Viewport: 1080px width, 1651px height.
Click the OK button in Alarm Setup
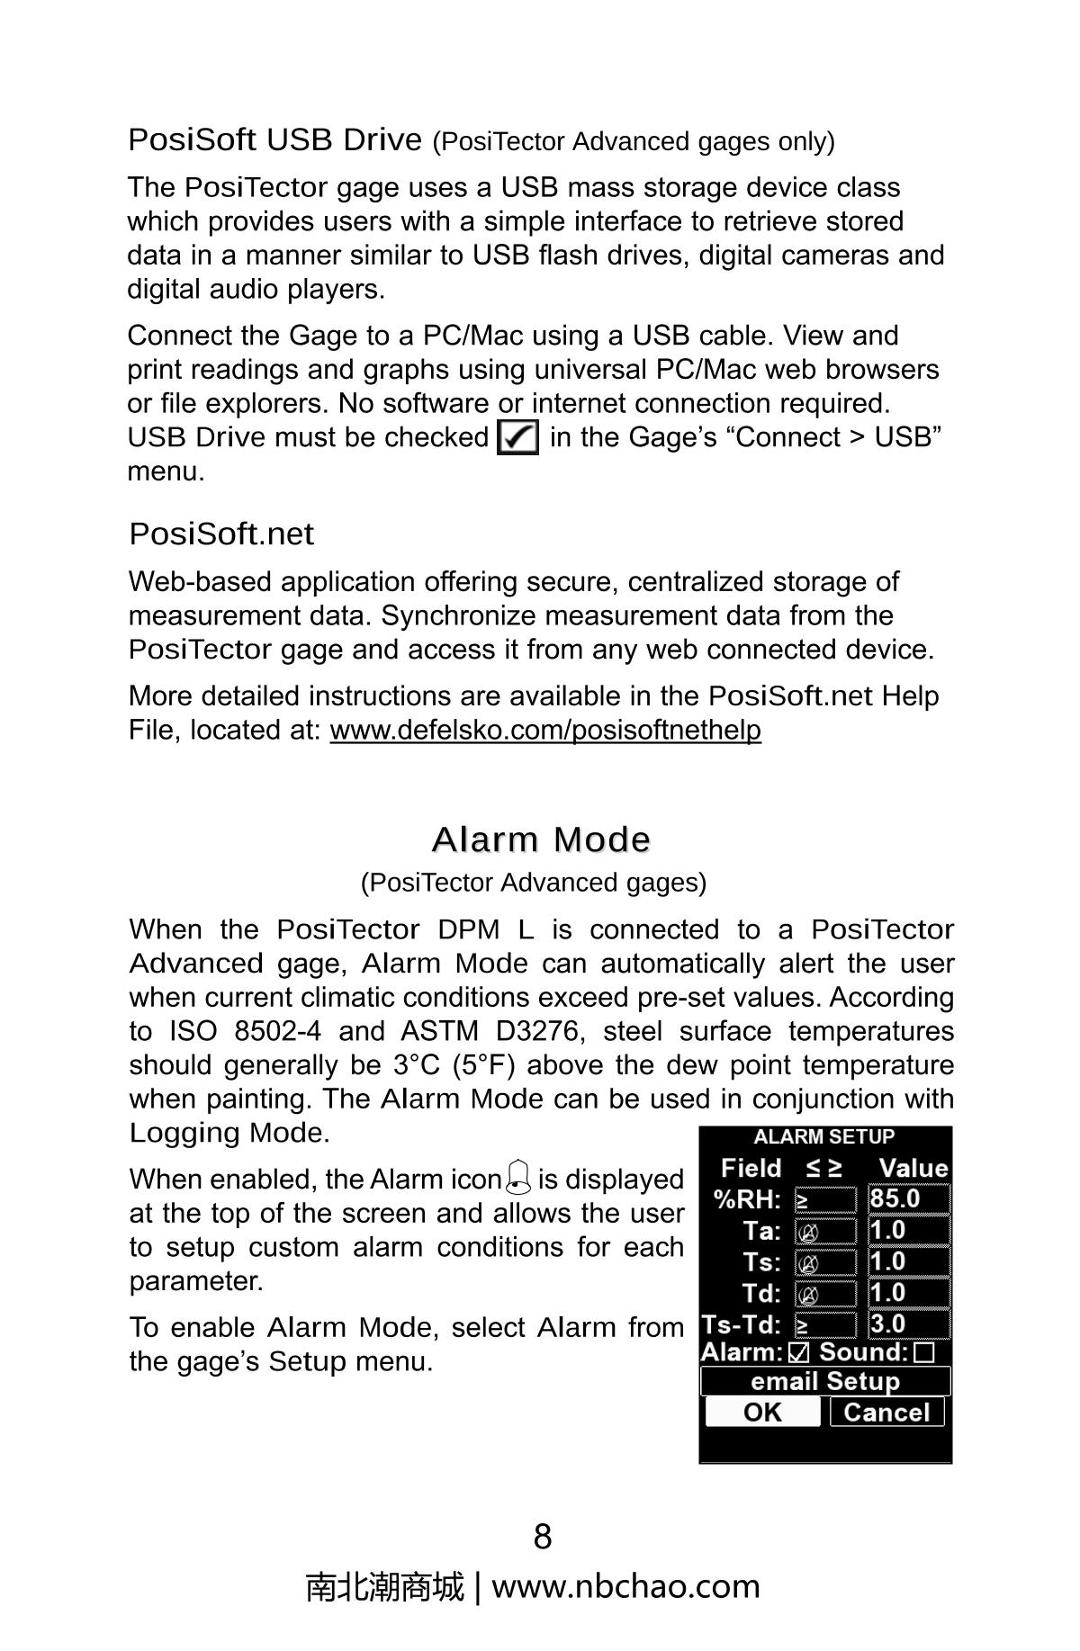762,1412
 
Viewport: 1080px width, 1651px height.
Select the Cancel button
886,1412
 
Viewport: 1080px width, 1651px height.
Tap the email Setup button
824,1381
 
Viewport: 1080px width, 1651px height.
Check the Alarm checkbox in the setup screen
798,1352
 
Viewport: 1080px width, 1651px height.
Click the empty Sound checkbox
923,1352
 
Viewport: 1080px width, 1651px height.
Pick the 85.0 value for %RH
908,1198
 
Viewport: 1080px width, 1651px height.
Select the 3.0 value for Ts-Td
908,1323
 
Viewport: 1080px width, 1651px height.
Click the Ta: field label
761,1230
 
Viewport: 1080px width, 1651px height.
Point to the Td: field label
761,1293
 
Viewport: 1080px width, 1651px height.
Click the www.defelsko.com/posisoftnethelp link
544,730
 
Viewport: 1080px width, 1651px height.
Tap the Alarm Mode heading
540,839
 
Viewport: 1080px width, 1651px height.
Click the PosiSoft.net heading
221,534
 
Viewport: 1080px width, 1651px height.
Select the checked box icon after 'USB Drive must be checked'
517,438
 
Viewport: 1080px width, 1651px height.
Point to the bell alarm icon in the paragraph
519,1176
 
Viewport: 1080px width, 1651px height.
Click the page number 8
542,1537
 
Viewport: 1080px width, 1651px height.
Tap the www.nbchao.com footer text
625,1586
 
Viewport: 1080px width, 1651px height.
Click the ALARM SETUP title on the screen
823,1136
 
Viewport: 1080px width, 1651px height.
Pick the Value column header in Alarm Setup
913,1168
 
